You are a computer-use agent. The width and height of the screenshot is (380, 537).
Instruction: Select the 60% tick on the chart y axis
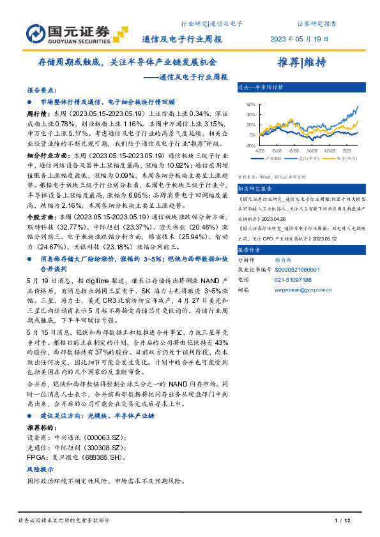click(x=250, y=104)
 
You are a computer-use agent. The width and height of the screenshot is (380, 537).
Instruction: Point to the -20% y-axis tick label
click(x=249, y=145)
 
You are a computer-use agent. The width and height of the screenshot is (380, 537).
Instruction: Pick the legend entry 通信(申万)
click(x=300, y=158)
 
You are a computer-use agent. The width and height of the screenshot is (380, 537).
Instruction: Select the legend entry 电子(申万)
click(x=331, y=158)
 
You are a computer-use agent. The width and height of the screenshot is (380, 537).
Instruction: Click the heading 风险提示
click(x=40, y=468)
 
